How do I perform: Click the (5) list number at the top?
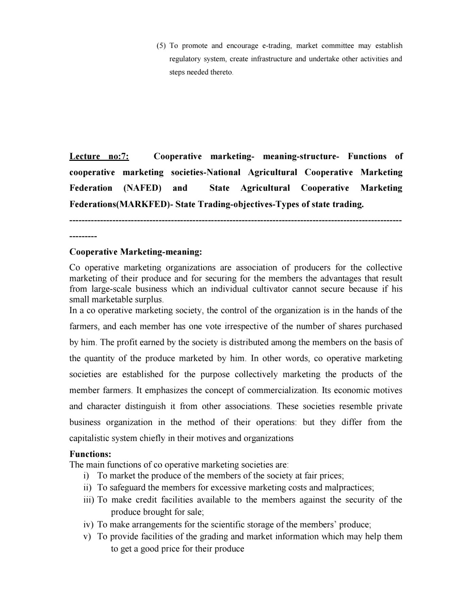[161, 46]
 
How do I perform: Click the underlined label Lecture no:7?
[99, 156]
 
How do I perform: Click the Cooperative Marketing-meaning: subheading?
[136, 252]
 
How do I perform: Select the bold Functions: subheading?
[90, 454]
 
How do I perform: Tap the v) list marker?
[87, 537]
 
